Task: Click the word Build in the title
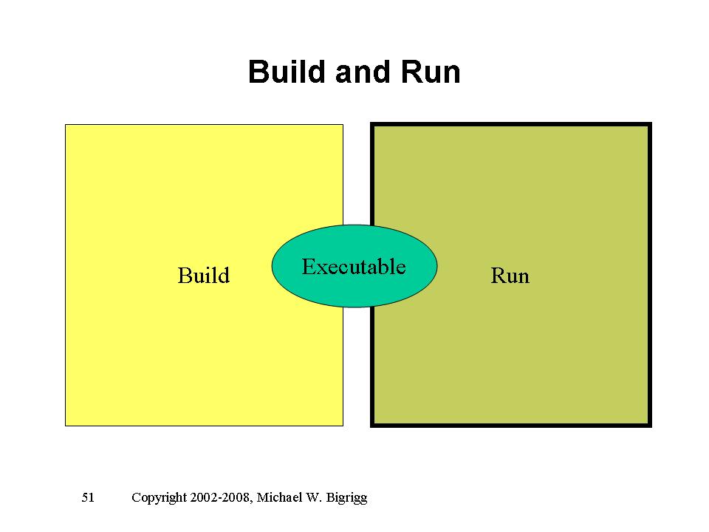tap(287, 72)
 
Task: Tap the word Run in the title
tap(430, 72)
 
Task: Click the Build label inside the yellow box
tap(204, 276)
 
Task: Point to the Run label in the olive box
tap(510, 276)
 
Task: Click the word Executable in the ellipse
tap(354, 266)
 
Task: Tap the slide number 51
tap(88, 497)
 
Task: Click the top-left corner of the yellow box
tap(66, 125)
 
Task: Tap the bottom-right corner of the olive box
tap(650, 425)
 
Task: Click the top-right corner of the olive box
tap(650, 125)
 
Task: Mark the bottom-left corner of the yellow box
tap(66, 426)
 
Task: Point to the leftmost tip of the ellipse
tap(273, 266)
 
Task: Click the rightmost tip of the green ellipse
tap(437, 266)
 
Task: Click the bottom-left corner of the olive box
tap(372, 425)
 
